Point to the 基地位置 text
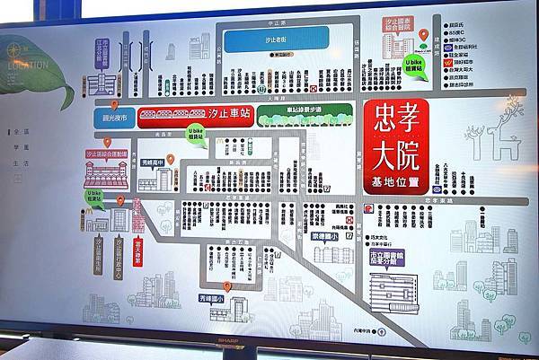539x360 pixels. click(x=395, y=182)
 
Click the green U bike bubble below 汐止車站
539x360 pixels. click(x=197, y=136)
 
